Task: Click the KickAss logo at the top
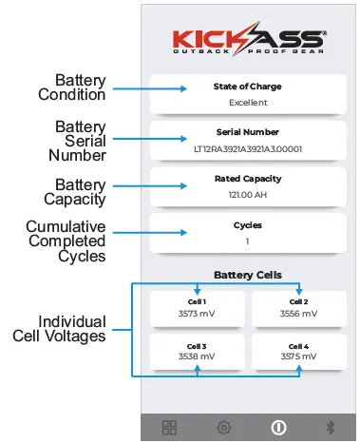point(249,40)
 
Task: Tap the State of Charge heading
point(247,87)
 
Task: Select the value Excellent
point(247,103)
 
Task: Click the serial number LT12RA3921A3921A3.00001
point(247,149)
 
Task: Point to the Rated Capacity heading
point(247,179)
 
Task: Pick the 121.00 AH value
point(247,195)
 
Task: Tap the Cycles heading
point(247,225)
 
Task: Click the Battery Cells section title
point(247,275)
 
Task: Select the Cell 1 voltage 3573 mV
point(197,313)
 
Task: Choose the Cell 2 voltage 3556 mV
point(299,313)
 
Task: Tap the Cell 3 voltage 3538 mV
point(197,357)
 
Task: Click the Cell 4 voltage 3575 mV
point(299,357)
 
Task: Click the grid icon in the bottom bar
point(170,427)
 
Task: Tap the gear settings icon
point(224,427)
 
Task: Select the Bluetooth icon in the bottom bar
point(331,427)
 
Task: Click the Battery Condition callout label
point(72,87)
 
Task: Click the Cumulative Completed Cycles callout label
point(66,241)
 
